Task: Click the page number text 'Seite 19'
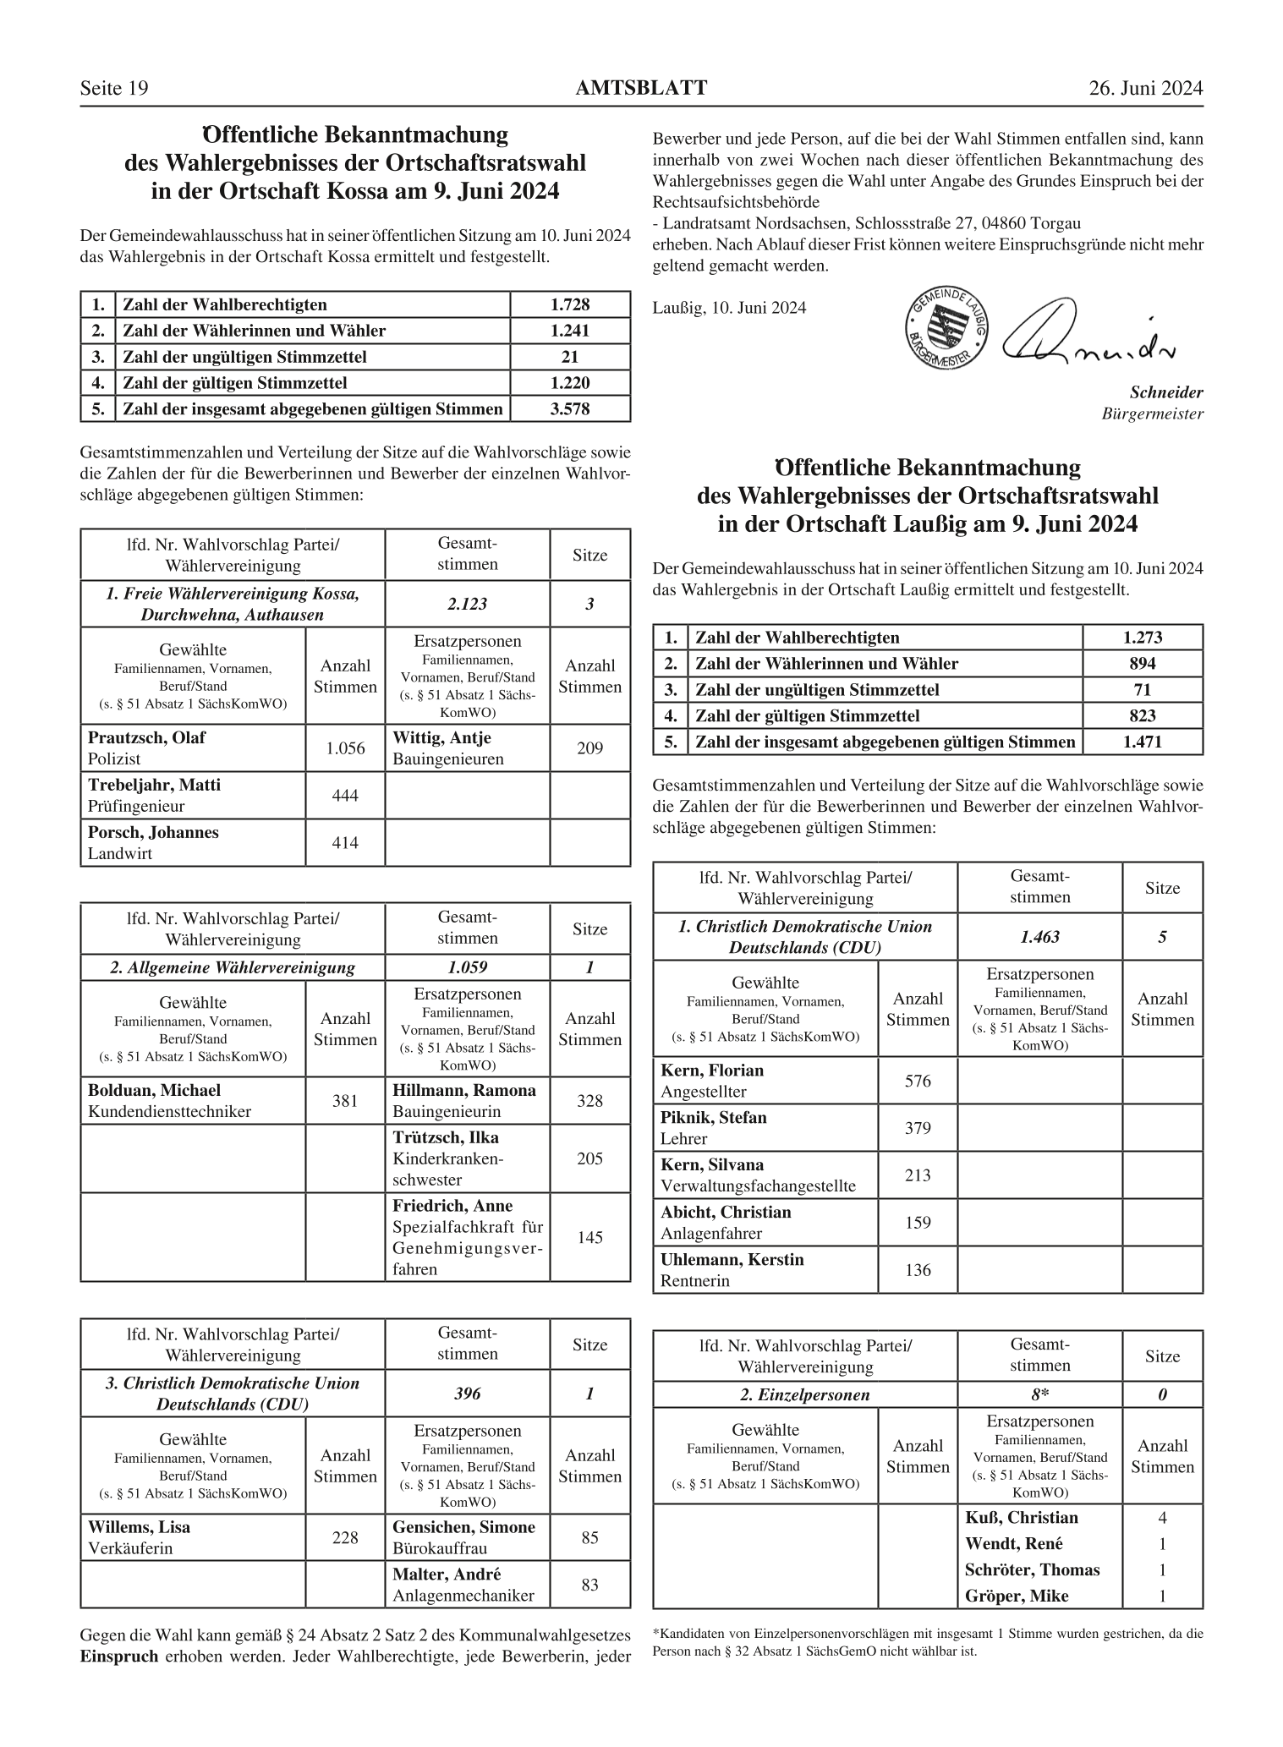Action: [x=114, y=89]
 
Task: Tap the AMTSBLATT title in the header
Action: [x=641, y=88]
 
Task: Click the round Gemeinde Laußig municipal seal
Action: [x=946, y=327]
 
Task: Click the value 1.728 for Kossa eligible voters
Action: [x=570, y=304]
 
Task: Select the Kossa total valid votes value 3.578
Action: [x=570, y=409]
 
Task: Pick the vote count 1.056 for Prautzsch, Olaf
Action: [x=345, y=748]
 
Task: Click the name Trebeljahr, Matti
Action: [x=154, y=785]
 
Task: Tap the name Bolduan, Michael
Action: [x=154, y=1090]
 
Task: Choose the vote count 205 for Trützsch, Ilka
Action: [x=589, y=1158]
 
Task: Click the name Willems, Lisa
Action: [x=139, y=1527]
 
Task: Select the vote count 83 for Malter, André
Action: [x=589, y=1585]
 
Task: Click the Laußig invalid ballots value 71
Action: [x=1142, y=690]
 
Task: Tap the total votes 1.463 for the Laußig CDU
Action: [x=1039, y=937]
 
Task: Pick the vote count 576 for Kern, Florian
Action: [x=918, y=1081]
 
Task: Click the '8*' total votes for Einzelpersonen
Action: [x=1039, y=1394]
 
